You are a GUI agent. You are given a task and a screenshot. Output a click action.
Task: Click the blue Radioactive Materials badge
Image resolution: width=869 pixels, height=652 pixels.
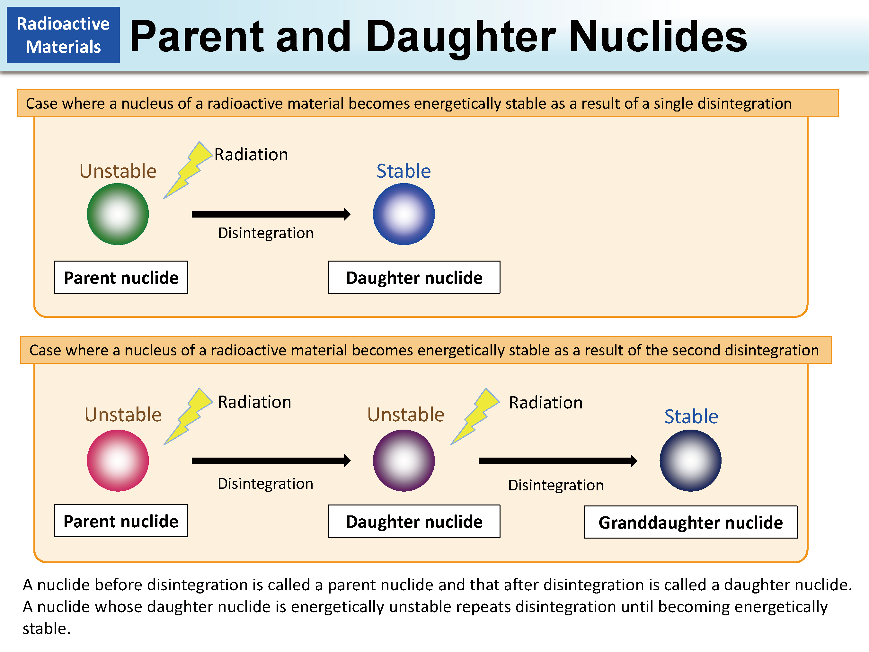[x=63, y=35]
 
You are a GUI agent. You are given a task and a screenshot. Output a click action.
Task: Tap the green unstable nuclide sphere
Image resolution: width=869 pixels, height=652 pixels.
[x=118, y=214]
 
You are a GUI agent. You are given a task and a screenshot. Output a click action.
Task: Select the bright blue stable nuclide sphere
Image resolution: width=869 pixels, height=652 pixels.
[x=403, y=214]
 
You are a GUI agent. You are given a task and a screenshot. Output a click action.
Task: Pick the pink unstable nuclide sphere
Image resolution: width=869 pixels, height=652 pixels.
[x=118, y=460]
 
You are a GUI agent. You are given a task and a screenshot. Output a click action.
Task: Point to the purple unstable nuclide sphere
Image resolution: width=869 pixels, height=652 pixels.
[x=403, y=460]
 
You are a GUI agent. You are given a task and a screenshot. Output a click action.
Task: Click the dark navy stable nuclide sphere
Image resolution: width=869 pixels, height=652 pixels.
[x=690, y=460]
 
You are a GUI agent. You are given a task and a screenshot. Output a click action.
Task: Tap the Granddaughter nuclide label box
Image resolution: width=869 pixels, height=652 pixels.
[x=690, y=522]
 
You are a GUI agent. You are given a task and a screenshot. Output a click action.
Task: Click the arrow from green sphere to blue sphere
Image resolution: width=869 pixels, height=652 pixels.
[x=271, y=214]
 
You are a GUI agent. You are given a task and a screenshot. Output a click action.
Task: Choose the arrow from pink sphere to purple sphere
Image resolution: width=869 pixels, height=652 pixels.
[x=271, y=460]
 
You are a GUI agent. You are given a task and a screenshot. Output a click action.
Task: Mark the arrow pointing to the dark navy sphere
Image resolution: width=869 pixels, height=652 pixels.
[x=557, y=460]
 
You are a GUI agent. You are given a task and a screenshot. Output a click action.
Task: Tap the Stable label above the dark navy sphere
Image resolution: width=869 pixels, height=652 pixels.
[x=691, y=416]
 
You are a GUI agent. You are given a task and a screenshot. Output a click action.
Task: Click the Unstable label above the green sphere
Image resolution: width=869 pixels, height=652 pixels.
[x=118, y=171]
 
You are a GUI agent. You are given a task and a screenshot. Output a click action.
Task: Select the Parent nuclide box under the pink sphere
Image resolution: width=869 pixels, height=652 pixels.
[x=121, y=521]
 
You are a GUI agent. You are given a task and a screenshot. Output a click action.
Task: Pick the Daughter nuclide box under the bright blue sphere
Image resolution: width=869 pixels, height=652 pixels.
[x=414, y=277]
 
